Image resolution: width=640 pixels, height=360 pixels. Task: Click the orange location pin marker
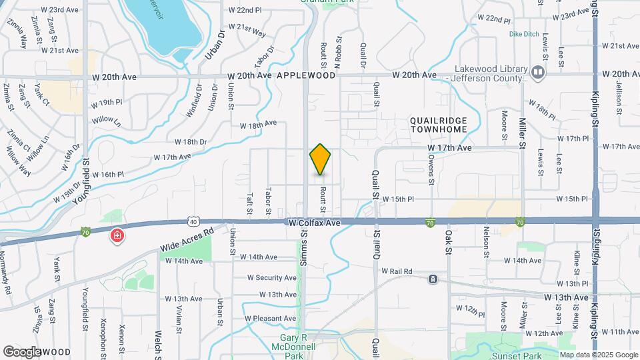(320, 159)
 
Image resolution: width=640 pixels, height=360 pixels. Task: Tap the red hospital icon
(117, 236)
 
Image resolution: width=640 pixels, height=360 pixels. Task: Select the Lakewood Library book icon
(537, 71)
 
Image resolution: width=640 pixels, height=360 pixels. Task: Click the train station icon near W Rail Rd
(433, 279)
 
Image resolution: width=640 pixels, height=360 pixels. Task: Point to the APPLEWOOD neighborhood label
(306, 76)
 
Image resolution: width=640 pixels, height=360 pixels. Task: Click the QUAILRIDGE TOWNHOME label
(438, 125)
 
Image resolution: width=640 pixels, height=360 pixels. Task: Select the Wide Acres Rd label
(186, 240)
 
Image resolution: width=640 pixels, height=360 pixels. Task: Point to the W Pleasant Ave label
(270, 319)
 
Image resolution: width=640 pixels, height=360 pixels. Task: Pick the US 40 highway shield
(192, 220)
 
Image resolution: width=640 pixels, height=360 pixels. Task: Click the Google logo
(23, 351)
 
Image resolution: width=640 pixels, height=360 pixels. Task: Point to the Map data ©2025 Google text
(598, 355)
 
